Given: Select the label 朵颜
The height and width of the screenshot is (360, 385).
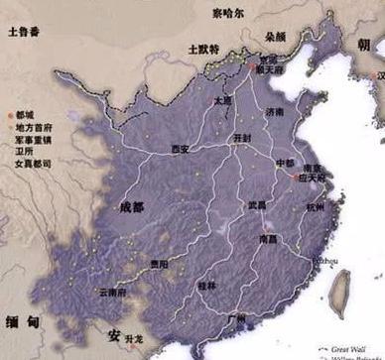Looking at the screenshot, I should pyautogui.click(x=275, y=36).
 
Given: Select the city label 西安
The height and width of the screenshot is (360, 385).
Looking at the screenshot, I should pyautogui.click(x=180, y=150).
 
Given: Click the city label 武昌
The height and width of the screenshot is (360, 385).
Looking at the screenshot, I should pyautogui.click(x=258, y=205).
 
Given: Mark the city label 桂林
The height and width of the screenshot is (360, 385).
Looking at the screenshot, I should pyautogui.click(x=206, y=285).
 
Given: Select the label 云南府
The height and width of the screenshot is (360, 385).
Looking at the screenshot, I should pyautogui.click(x=114, y=293).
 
